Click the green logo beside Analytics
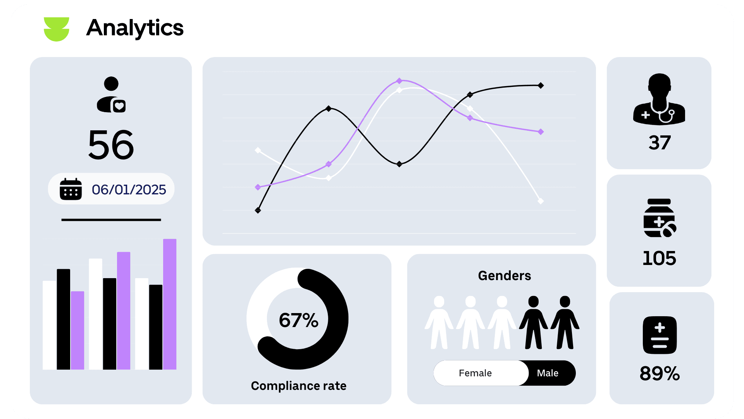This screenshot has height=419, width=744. (x=57, y=29)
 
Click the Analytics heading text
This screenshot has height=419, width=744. (x=135, y=28)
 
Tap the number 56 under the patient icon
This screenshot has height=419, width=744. (x=111, y=145)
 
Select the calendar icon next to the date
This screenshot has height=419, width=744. (x=71, y=189)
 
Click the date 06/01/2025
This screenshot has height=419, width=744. (x=129, y=190)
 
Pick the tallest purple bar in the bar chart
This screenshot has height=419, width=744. (x=170, y=304)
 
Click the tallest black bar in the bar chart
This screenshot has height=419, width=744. (x=64, y=319)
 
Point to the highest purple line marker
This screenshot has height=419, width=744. (x=399, y=81)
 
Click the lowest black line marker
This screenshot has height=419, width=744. (x=258, y=210)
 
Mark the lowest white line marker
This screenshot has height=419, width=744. (x=541, y=201)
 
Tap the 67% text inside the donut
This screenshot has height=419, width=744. (x=298, y=320)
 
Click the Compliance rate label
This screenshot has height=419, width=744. (x=298, y=386)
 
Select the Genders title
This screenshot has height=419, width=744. (x=504, y=275)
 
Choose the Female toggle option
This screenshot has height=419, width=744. (x=475, y=373)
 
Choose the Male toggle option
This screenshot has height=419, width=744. (x=548, y=373)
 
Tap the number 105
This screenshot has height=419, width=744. (x=659, y=258)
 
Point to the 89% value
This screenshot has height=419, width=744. (x=660, y=374)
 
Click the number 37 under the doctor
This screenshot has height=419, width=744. (x=660, y=143)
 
